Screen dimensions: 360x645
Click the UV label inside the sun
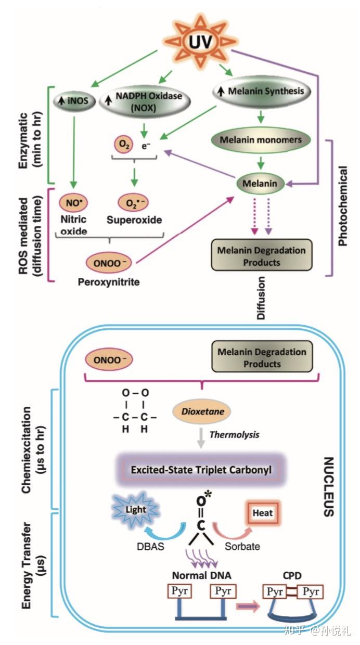201,42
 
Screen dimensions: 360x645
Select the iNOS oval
74,101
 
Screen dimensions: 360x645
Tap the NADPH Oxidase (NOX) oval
145,102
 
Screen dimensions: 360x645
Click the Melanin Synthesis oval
262,91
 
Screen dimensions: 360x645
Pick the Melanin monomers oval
261,140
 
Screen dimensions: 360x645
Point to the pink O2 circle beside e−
124,145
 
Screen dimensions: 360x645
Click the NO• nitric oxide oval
73,203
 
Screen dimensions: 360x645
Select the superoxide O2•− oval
133,202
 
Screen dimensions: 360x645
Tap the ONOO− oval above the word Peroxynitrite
109,263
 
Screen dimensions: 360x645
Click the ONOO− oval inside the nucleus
109,359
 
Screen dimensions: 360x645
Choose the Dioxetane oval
202,411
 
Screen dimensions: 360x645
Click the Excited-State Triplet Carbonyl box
201,470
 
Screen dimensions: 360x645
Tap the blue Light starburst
135,509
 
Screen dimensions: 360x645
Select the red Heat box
262,513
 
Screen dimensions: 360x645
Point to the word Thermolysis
235,435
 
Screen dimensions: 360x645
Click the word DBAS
151,547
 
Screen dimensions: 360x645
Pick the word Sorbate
242,547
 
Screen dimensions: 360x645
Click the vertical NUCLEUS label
329,487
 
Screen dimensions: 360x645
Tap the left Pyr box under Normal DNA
179,591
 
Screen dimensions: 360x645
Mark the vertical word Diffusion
261,298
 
